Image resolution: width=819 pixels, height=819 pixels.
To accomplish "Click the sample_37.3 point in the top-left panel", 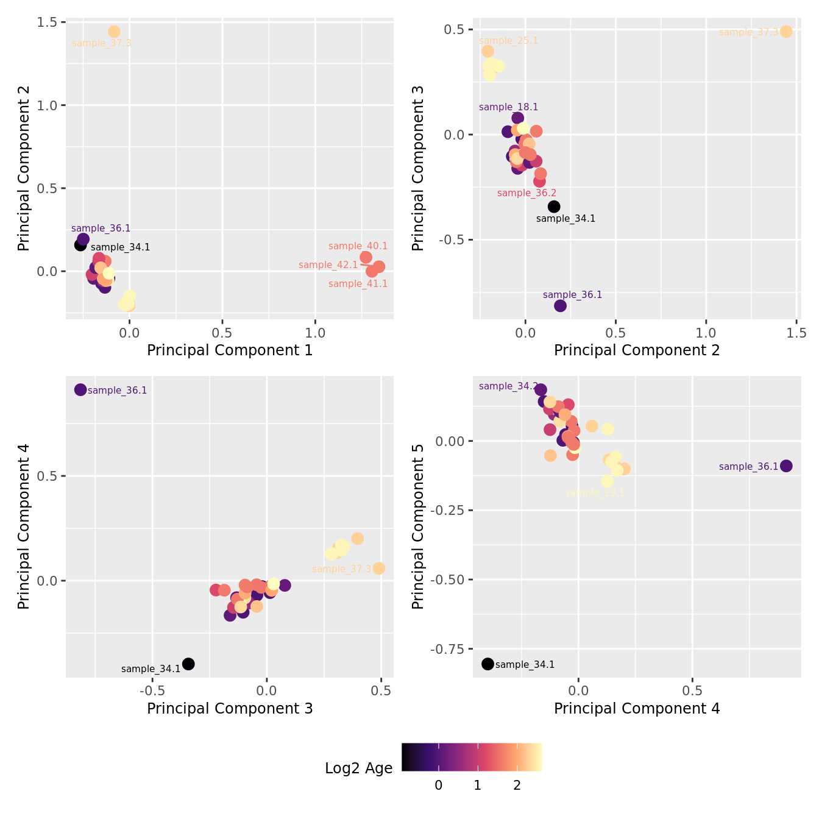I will [x=114, y=32].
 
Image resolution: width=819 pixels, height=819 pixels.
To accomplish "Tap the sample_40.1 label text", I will [x=358, y=246].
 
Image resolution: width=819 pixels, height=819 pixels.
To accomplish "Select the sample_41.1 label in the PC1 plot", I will [x=358, y=284].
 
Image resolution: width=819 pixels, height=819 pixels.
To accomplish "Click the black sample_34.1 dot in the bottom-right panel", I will [x=487, y=664].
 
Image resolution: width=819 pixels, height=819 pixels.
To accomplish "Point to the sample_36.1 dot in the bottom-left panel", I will [x=80, y=389].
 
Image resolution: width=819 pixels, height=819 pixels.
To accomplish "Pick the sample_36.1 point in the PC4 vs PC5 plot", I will [x=786, y=466].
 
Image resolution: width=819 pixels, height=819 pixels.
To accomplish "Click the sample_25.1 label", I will [x=508, y=41].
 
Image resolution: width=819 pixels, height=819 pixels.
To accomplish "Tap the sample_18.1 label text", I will [x=508, y=107].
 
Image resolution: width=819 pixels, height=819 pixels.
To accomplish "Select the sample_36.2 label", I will [x=526, y=193].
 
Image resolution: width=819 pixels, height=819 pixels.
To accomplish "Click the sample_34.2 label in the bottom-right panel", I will [x=508, y=386].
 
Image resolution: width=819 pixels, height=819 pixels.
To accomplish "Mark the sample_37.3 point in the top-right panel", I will [x=786, y=32].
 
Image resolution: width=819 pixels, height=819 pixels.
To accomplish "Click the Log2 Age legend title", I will [x=358, y=768].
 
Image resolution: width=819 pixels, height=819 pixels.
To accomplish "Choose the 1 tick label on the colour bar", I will [x=478, y=785].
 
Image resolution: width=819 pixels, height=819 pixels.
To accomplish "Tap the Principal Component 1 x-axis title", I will [x=230, y=350].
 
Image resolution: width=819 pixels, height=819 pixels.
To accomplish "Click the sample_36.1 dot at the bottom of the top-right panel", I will [x=561, y=305].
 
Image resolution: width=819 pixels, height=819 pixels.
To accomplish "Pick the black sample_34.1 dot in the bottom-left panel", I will [x=188, y=664].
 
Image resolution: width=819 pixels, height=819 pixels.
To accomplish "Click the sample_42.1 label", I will [x=328, y=265].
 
